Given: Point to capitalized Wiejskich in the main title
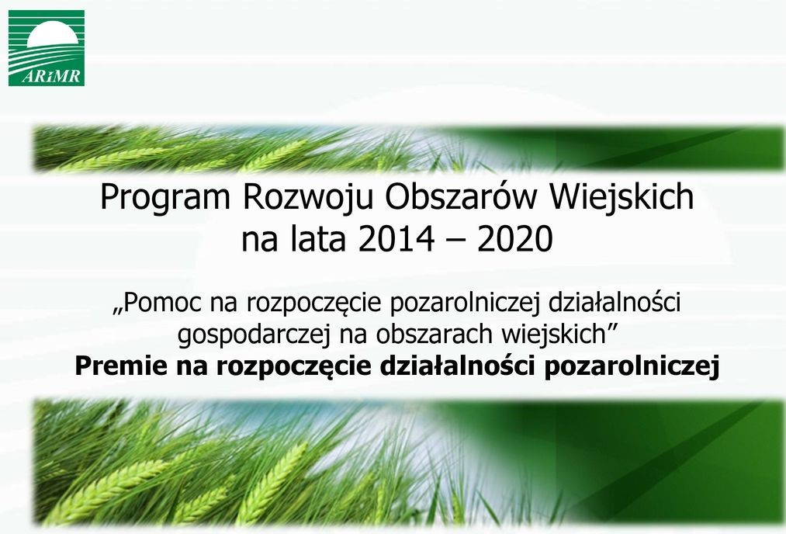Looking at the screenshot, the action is [622, 198].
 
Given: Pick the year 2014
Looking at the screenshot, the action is [396, 239].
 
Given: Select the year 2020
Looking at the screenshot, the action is [514, 239].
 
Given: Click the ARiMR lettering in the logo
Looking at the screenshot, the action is [52, 77].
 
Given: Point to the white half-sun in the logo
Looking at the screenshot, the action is [52, 34].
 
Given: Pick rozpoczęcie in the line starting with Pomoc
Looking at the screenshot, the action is [314, 305].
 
